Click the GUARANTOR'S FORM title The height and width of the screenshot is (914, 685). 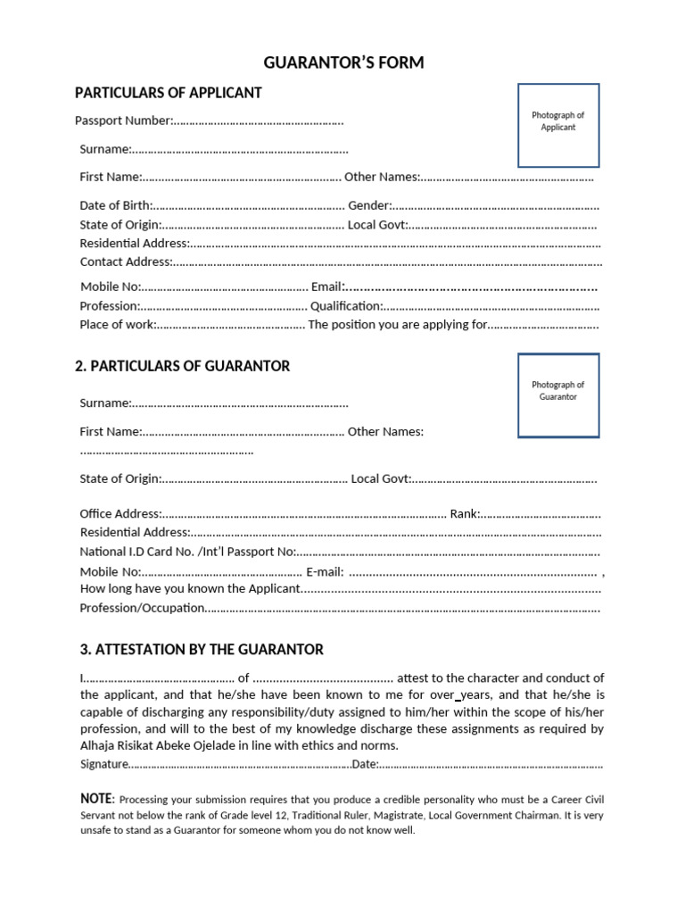point(343,62)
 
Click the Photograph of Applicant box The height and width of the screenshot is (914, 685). point(558,126)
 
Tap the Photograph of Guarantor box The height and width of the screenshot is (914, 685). point(558,395)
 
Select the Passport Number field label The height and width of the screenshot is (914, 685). point(123,120)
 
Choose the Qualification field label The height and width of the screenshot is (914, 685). point(346,306)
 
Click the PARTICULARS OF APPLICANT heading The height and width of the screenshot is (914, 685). point(168,93)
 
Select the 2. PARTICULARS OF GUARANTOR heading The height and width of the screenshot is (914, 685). point(182,366)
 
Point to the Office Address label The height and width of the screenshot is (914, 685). point(120,513)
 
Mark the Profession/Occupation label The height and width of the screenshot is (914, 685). point(142,609)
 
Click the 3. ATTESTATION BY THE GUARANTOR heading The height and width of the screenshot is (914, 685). point(202,650)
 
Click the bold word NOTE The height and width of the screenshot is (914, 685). point(96,798)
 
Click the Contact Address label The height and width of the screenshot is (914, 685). point(125,262)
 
